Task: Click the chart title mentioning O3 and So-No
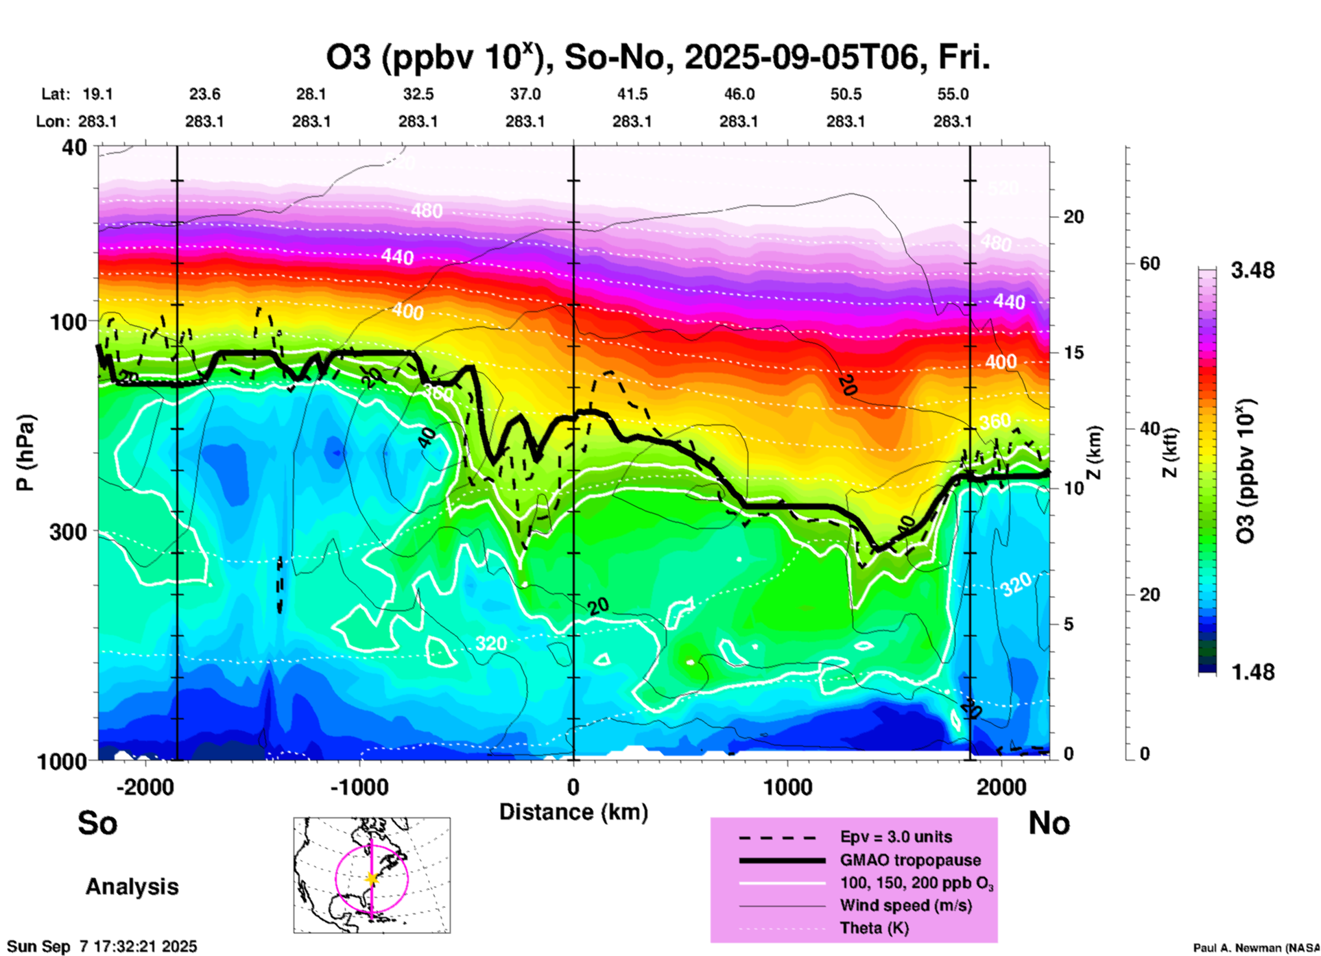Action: point(657,58)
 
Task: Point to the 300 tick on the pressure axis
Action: point(68,531)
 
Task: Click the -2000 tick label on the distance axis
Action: point(145,787)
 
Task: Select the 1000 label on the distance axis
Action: point(788,787)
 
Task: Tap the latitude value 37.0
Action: point(525,94)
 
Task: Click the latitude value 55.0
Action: point(952,94)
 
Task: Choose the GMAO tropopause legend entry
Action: point(910,860)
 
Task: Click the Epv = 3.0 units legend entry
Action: point(896,837)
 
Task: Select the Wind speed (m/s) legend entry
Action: point(905,905)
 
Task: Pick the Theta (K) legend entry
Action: point(874,928)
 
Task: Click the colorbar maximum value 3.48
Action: point(1252,270)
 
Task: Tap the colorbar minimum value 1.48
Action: point(1252,671)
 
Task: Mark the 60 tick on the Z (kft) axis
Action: point(1150,263)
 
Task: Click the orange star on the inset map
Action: point(372,879)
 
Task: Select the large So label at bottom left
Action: point(97,822)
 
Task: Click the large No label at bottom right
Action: point(1049,822)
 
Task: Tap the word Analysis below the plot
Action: point(132,887)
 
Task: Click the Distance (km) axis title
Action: point(573,812)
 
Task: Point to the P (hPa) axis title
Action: point(25,453)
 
